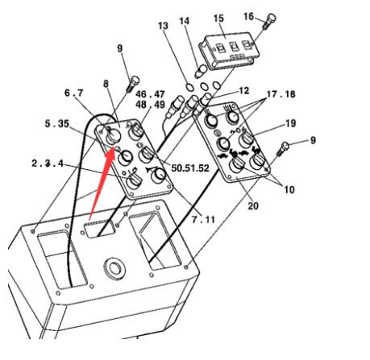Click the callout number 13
point(164,26)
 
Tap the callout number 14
point(185,19)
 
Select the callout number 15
point(218,18)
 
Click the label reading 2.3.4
point(48,163)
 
